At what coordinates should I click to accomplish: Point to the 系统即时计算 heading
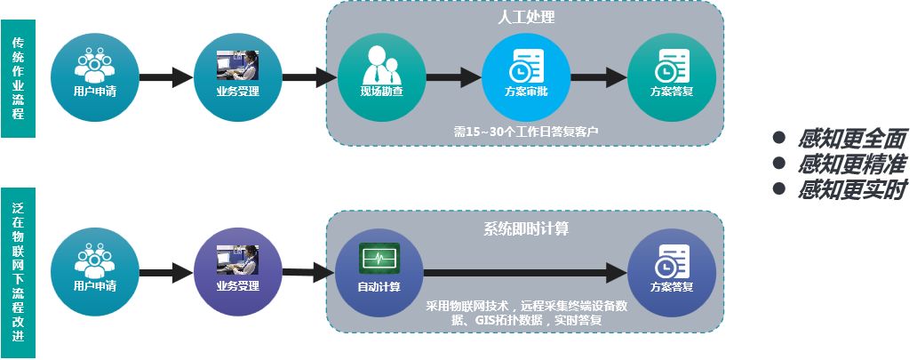[x=526, y=228]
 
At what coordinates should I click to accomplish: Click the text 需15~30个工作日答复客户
[x=526, y=132]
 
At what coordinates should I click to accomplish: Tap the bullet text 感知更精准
[x=851, y=164]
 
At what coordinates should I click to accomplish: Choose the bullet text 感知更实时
[x=851, y=189]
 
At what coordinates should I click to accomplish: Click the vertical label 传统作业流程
[x=18, y=78]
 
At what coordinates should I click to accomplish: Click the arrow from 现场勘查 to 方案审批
[x=454, y=76]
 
